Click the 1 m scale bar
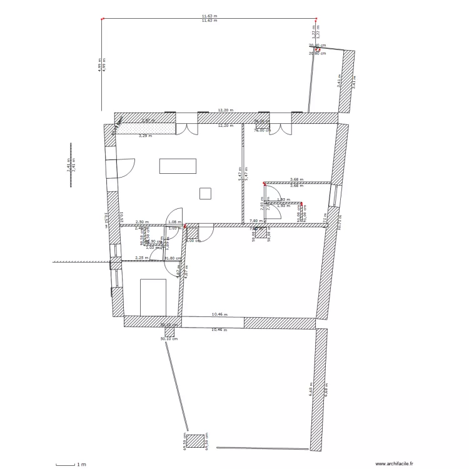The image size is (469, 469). coord(65,464)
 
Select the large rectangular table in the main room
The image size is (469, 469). coord(178,166)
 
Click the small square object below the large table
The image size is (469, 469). coord(205,193)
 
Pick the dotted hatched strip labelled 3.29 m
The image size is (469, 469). coord(145,129)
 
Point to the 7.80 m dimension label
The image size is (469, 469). coord(256,221)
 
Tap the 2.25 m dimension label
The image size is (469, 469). coord(142,257)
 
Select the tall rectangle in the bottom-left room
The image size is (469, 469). coord(153,297)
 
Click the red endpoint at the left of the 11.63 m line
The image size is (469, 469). coord(102,19)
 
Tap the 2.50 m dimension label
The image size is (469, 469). coord(142,221)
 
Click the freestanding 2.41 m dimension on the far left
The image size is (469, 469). coord(70,164)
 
